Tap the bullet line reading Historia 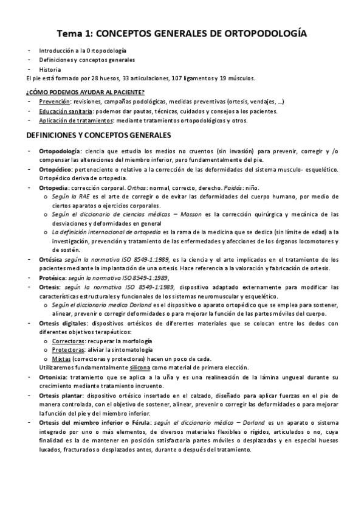click(50, 69)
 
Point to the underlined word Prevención click(53, 102)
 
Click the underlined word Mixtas click(60, 359)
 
